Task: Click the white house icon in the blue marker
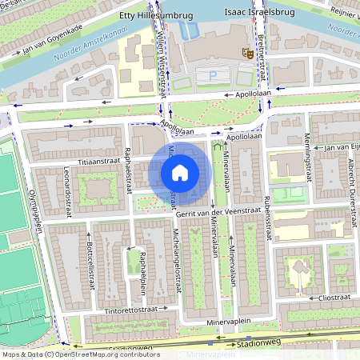[180, 172]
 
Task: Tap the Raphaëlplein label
[142, 272]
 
